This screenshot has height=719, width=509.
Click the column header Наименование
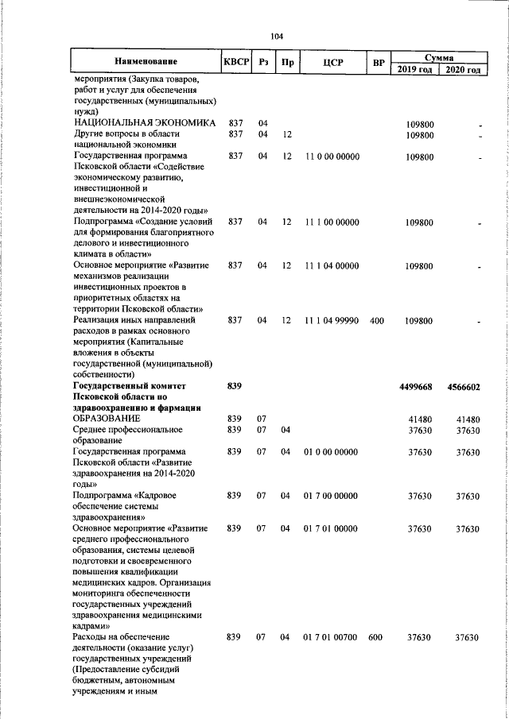146,62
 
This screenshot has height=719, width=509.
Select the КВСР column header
236,62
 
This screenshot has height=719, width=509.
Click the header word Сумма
439,57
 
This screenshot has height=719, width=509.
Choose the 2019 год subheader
415,70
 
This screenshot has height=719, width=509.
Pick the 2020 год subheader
464,70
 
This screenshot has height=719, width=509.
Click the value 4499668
415,386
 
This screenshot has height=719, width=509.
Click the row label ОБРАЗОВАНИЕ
107,418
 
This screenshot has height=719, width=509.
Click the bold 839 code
234,386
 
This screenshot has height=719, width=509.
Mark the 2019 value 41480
419,419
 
